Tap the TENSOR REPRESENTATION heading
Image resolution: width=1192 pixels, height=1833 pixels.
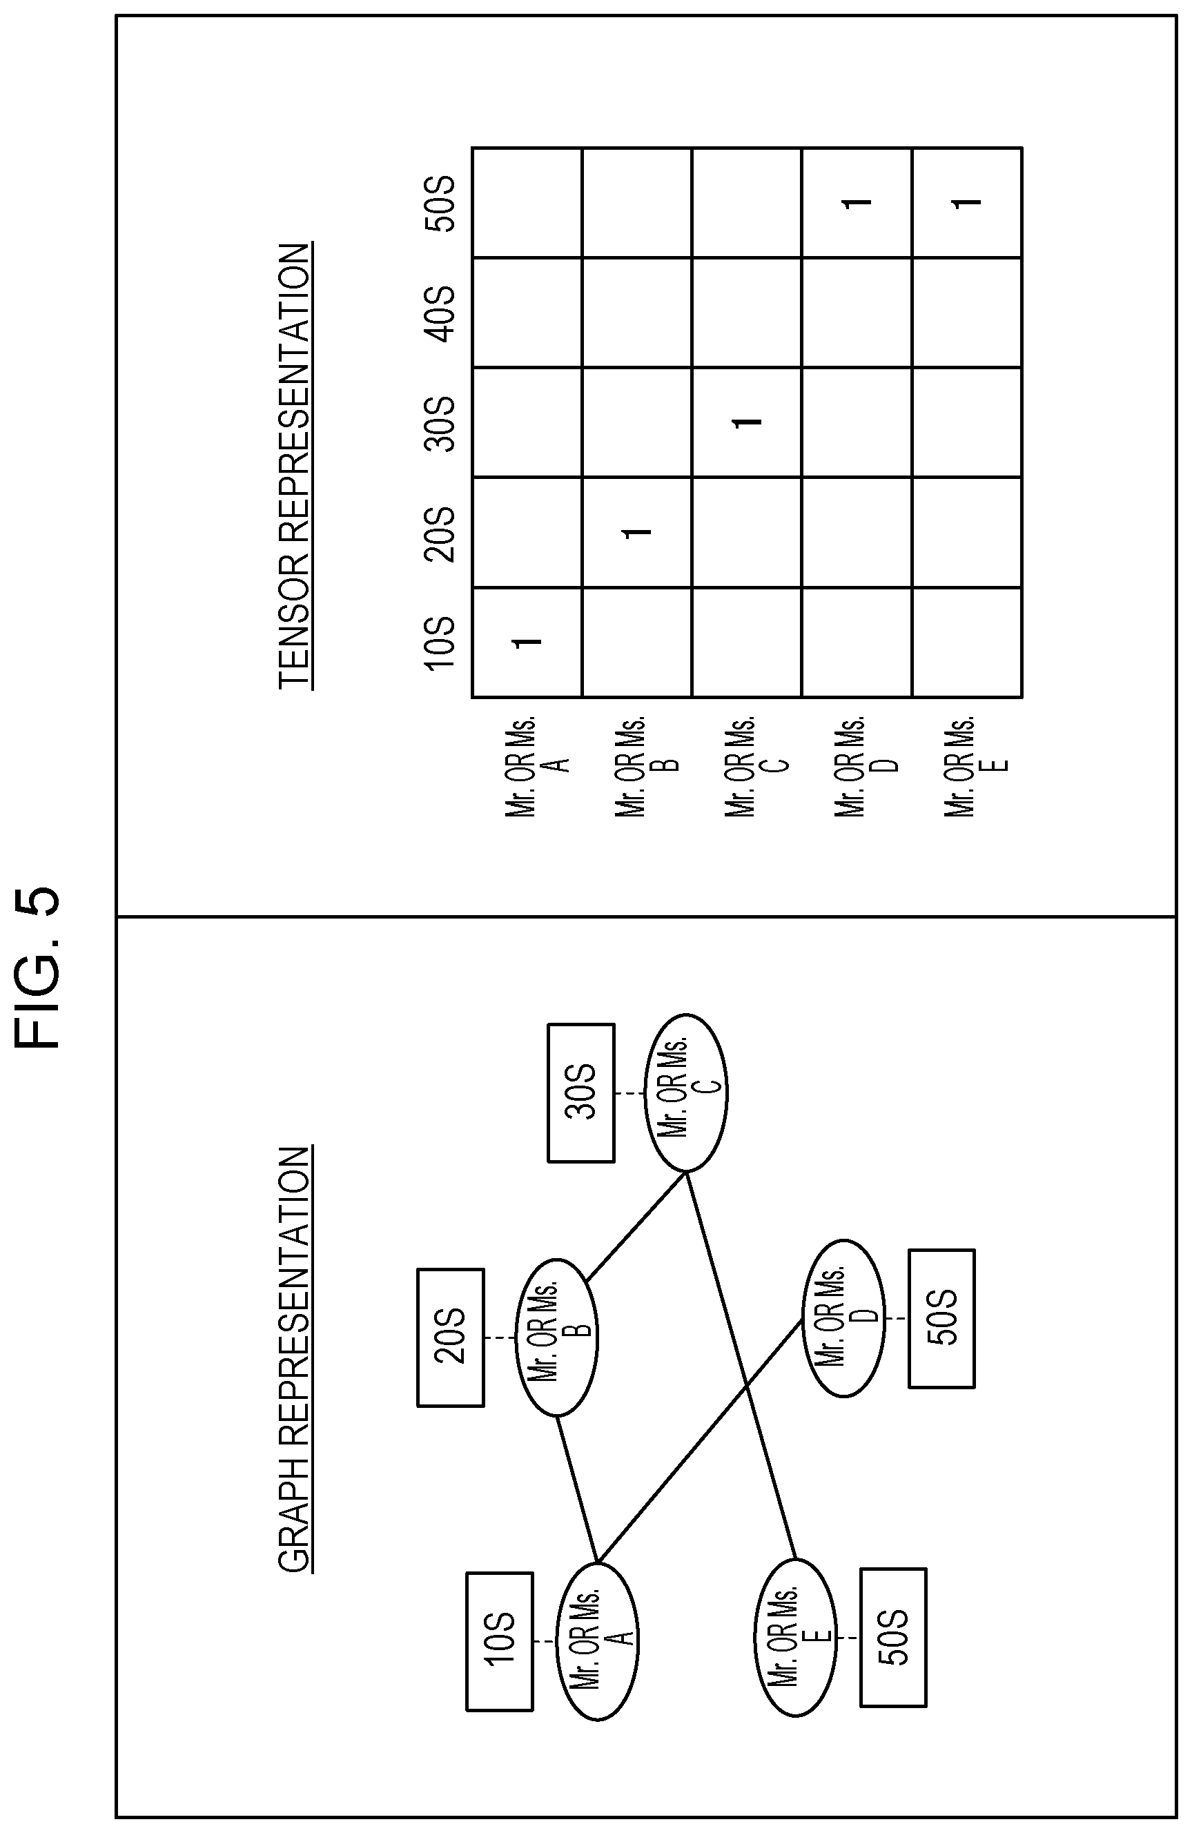coord(294,466)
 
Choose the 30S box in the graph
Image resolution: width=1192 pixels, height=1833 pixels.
coord(580,1092)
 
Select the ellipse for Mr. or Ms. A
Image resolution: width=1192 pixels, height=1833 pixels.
coord(598,1641)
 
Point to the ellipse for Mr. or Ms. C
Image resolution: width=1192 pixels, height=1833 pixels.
coord(686,1092)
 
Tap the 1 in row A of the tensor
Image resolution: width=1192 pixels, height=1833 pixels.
coord(528,642)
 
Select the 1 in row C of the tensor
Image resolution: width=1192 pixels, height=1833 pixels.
coord(747,422)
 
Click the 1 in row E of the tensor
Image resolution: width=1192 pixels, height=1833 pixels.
coord(967,202)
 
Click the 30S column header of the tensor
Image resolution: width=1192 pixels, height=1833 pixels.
coord(442,423)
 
